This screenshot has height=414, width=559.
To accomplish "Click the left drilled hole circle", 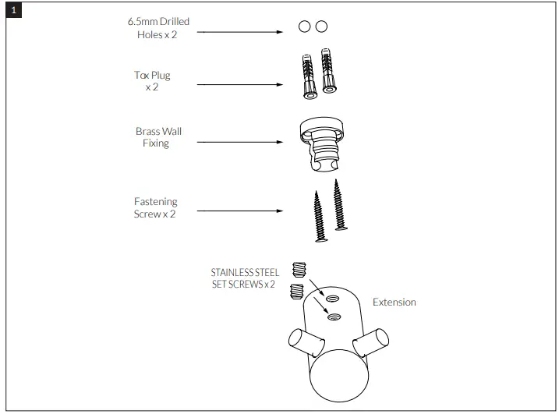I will coord(305,27).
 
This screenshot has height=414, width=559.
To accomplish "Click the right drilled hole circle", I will coord(321,27).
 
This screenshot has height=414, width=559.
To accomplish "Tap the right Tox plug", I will coord(327,71).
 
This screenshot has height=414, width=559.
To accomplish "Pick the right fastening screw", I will coord(339,205).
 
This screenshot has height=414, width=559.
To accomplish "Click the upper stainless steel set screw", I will coord(297,271).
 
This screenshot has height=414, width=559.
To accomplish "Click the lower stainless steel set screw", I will coord(295,292).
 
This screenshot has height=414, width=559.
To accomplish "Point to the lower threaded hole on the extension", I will coord(333,317).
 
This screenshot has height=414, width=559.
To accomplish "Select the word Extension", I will coord(394,302).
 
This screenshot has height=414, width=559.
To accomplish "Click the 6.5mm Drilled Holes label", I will coord(158,29).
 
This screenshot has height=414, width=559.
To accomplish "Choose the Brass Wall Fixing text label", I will coord(158,137).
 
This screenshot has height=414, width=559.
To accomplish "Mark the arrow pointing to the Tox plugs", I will coord(239,85).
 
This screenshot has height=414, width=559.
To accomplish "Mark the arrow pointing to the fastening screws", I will coord(239,211).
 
